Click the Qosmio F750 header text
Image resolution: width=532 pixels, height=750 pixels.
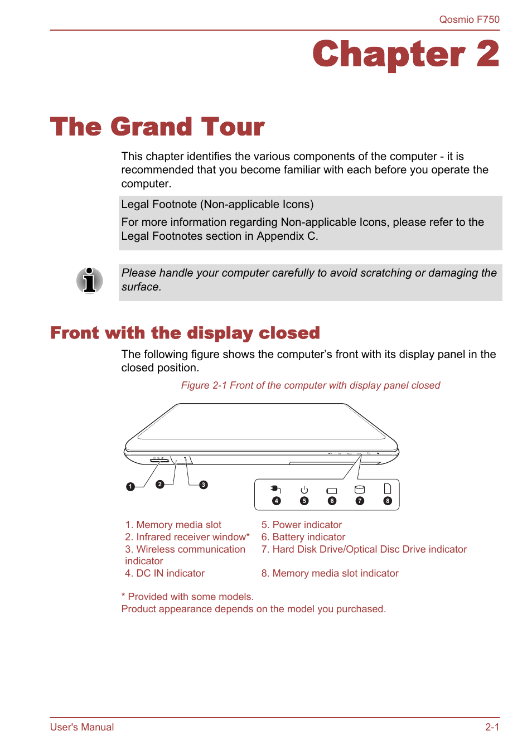pos(469,20)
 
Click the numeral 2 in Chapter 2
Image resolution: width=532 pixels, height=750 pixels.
pos(487,55)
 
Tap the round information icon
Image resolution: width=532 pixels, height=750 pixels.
pos(89,280)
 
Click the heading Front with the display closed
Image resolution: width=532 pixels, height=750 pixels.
pos(185,333)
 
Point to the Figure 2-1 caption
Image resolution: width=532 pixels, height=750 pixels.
pos(310,385)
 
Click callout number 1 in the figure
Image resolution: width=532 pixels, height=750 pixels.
pos(130,487)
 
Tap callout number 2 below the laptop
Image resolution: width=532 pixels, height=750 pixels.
pos(160,484)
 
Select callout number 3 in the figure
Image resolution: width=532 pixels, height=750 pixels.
pos(204,485)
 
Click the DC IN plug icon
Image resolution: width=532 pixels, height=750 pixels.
pos(276,490)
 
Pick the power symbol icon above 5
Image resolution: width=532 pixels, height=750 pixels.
pos(304,490)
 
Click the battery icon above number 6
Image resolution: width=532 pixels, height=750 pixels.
pos(332,491)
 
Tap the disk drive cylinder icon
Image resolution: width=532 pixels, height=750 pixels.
pos(360,490)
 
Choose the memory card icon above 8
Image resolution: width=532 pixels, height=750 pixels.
pos(388,489)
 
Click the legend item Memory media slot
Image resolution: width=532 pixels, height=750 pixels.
pos(173,525)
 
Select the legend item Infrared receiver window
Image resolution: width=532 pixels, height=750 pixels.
pos(187,537)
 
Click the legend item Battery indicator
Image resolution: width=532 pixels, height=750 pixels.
pos(303,537)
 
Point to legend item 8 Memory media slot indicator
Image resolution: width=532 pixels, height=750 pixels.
pos(330,573)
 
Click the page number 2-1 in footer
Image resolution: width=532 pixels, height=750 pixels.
pos(492,727)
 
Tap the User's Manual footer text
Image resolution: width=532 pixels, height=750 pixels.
pos(82,727)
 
